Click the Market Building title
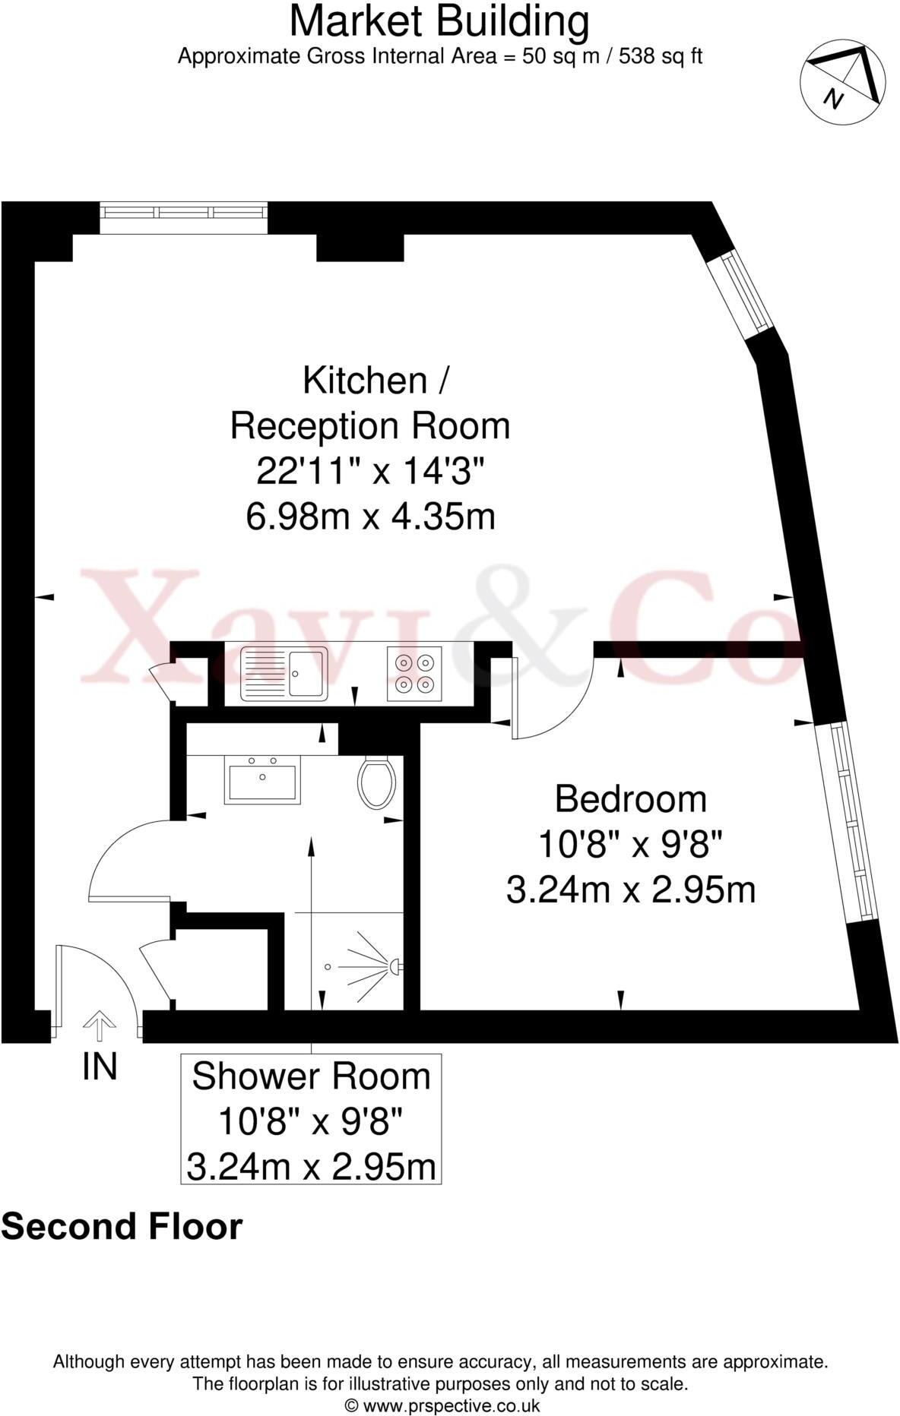(439, 21)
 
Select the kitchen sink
(284, 673)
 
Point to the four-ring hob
(414, 673)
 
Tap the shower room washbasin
(262, 779)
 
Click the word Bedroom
(631, 799)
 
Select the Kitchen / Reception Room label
(370, 403)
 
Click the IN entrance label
(100, 1067)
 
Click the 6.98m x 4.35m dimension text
(370, 517)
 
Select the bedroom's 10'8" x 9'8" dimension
(630, 844)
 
